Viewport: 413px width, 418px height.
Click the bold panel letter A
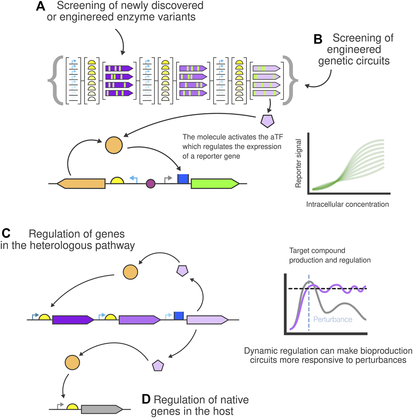[41, 6]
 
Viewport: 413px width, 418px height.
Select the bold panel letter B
[318, 39]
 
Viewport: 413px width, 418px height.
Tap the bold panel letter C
[6, 233]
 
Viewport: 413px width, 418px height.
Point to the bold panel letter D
[146, 399]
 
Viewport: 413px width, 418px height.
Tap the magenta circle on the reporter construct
[150, 184]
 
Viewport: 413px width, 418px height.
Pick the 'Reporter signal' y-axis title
[298, 163]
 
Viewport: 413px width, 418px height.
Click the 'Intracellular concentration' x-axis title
[347, 205]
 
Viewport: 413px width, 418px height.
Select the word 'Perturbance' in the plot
[333, 320]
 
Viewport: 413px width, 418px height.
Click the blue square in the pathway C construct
[179, 316]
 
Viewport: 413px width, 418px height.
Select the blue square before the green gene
[183, 179]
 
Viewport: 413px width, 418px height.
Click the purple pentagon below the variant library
[267, 121]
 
